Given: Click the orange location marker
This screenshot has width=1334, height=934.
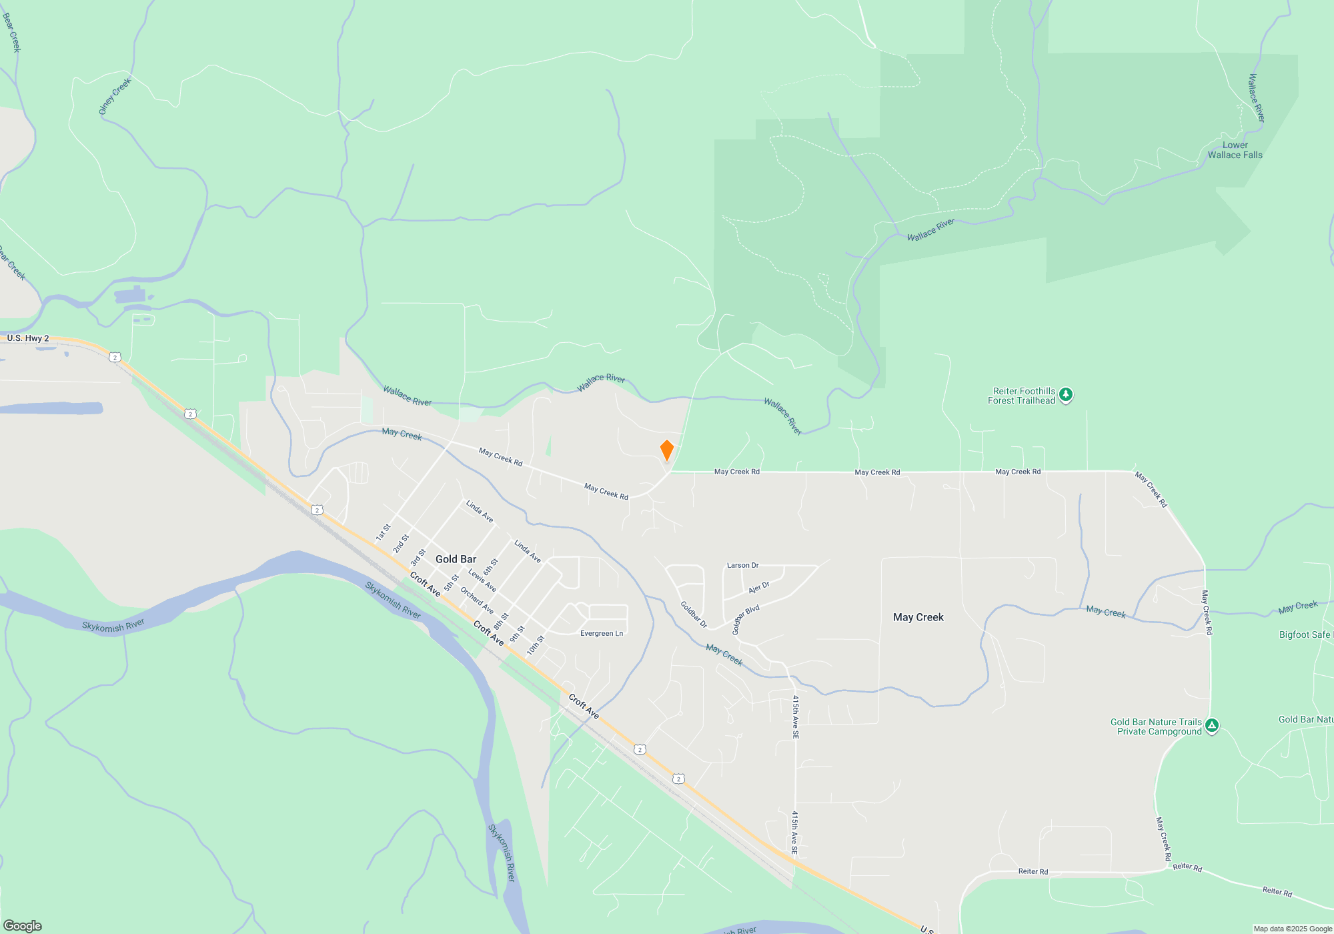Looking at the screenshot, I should (x=666, y=450).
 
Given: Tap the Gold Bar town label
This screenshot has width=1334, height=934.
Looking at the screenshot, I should (x=456, y=559).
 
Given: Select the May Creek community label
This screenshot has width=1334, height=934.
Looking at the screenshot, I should (x=918, y=617).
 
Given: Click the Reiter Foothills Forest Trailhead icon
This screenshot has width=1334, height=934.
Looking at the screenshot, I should (x=1066, y=395).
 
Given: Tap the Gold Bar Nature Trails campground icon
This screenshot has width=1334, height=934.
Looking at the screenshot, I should (x=1212, y=726).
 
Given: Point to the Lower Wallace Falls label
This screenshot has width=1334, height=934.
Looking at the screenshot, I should (x=1235, y=150).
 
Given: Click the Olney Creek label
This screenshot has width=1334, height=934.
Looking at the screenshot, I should (x=115, y=96).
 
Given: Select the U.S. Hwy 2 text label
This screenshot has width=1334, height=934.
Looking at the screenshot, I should (x=28, y=338).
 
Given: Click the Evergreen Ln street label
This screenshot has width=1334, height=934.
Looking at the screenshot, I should (x=602, y=633).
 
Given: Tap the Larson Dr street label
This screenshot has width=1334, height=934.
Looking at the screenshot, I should (x=742, y=565).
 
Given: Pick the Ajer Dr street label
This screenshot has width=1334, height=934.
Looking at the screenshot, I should (x=759, y=587).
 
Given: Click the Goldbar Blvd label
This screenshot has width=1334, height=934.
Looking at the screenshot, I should (x=745, y=620).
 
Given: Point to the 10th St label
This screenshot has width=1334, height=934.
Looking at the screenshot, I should (x=536, y=644).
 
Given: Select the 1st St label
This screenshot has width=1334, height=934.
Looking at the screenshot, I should (x=383, y=532).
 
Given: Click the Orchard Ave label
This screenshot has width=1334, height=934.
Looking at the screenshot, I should (x=477, y=600).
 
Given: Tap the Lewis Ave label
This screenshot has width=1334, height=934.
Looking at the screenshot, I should (x=482, y=580).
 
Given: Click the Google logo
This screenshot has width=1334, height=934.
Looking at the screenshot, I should (x=23, y=926).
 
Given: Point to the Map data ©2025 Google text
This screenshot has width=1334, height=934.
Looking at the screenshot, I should (x=1293, y=929).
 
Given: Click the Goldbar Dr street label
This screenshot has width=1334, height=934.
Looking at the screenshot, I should (x=694, y=614).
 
